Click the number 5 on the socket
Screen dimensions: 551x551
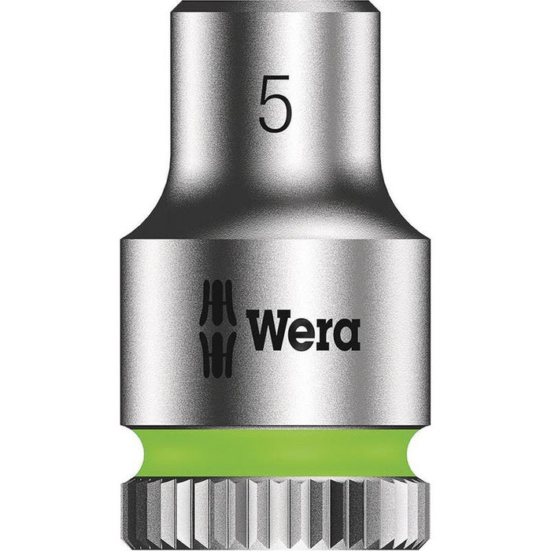click(274, 103)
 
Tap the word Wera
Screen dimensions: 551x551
click(303, 329)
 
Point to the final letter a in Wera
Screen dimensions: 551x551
click(347, 333)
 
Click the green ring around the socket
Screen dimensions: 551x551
click(275, 452)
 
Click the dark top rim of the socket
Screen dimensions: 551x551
click(275, 7)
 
